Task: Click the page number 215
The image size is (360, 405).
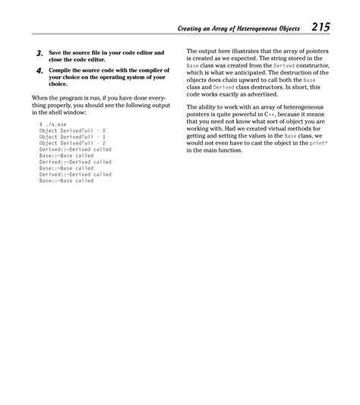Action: [320, 29]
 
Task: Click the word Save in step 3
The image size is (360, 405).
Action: [57, 52]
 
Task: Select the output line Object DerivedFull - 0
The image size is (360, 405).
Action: [73, 130]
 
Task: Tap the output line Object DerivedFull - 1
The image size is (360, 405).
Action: [73, 137]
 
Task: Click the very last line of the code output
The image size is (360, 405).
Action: [67, 182]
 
